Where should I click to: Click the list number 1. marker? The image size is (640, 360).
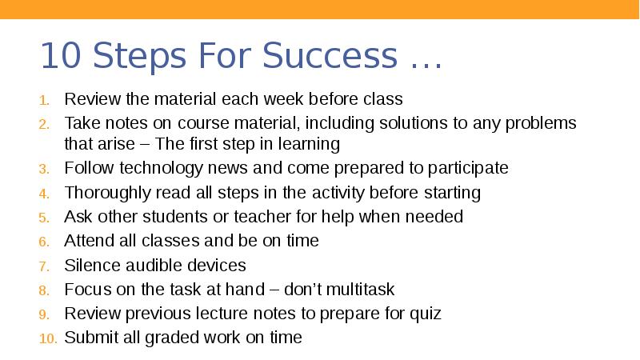[x=46, y=100]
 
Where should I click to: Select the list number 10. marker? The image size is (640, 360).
[x=47, y=338]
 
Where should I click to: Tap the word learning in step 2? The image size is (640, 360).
[x=310, y=145]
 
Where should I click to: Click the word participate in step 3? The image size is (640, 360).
[x=467, y=168]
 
